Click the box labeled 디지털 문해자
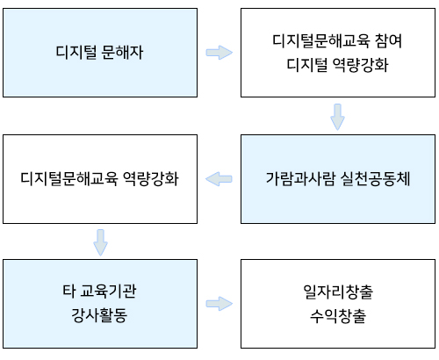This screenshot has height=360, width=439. pos(100,53)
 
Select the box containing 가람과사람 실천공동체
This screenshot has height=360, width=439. pos(338,179)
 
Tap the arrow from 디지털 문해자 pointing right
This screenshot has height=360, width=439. pos(219,53)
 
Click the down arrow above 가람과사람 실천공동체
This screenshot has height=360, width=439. pos(337,117)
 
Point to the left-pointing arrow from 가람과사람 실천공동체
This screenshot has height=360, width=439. pos(219,179)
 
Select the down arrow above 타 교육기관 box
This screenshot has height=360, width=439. pos(100,242)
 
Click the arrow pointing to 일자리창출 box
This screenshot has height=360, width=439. pos(219,304)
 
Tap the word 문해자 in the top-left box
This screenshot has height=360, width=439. pos(122,53)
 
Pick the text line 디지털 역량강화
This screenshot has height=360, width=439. pos(337,65)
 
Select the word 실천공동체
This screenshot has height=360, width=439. pos(376,179)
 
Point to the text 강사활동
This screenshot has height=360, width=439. pos(99,315)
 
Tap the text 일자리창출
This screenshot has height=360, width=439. pos(338,292)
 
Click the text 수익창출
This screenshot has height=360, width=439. pos(338,316)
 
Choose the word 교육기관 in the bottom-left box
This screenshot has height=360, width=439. pos(108,292)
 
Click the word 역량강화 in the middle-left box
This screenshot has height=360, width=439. pos(150,178)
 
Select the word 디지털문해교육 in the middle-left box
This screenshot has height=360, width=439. pos(69,178)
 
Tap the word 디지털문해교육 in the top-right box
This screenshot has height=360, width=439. pos(321,40)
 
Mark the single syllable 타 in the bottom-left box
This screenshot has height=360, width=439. pos(68,292)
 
